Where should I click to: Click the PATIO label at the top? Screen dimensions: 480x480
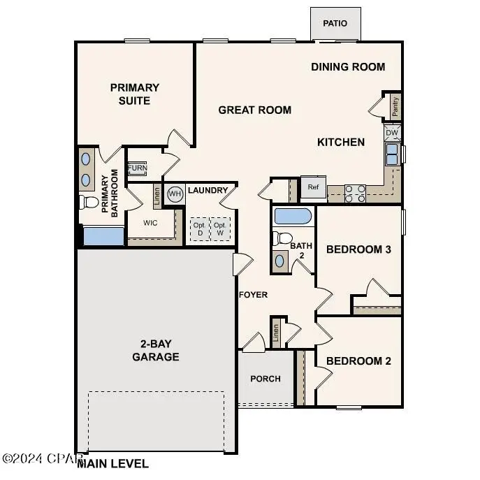(335, 24)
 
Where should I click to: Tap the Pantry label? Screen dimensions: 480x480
(395, 106)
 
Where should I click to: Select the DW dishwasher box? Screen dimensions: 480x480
(392, 132)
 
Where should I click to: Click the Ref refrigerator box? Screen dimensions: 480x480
(313, 187)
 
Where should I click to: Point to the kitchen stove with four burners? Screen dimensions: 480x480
(355, 193)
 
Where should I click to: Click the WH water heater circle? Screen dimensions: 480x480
(175, 194)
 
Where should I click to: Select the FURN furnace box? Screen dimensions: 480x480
(137, 168)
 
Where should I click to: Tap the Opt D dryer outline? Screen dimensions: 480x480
(199, 228)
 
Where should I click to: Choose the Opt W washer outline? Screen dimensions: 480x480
(220, 228)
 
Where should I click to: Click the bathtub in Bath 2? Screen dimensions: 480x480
(293, 216)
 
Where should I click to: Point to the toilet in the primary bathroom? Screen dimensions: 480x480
(89, 203)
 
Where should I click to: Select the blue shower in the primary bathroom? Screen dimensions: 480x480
(103, 235)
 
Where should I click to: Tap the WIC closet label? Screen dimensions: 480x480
(150, 224)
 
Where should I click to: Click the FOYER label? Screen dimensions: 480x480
(253, 295)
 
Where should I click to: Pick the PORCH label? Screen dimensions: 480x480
(266, 379)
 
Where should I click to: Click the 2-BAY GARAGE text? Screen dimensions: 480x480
(156, 351)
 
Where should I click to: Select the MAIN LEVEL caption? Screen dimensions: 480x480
(113, 463)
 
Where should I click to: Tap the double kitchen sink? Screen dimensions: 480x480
(392, 154)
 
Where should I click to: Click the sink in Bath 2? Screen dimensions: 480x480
(279, 261)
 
